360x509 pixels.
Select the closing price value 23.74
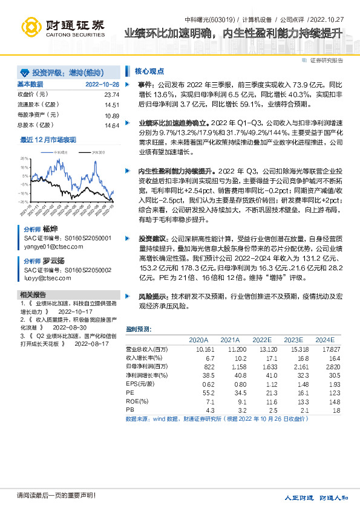click(x=112, y=95)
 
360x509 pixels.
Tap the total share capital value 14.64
click(x=112, y=125)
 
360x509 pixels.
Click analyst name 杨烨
click(x=50, y=230)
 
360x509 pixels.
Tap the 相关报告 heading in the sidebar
click(x=32, y=294)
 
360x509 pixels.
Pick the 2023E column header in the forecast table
click(x=293, y=340)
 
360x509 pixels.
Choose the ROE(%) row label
click(x=137, y=401)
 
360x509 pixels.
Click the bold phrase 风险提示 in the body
click(x=154, y=297)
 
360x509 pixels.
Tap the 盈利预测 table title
click(x=139, y=329)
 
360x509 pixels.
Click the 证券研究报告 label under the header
click(x=326, y=60)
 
